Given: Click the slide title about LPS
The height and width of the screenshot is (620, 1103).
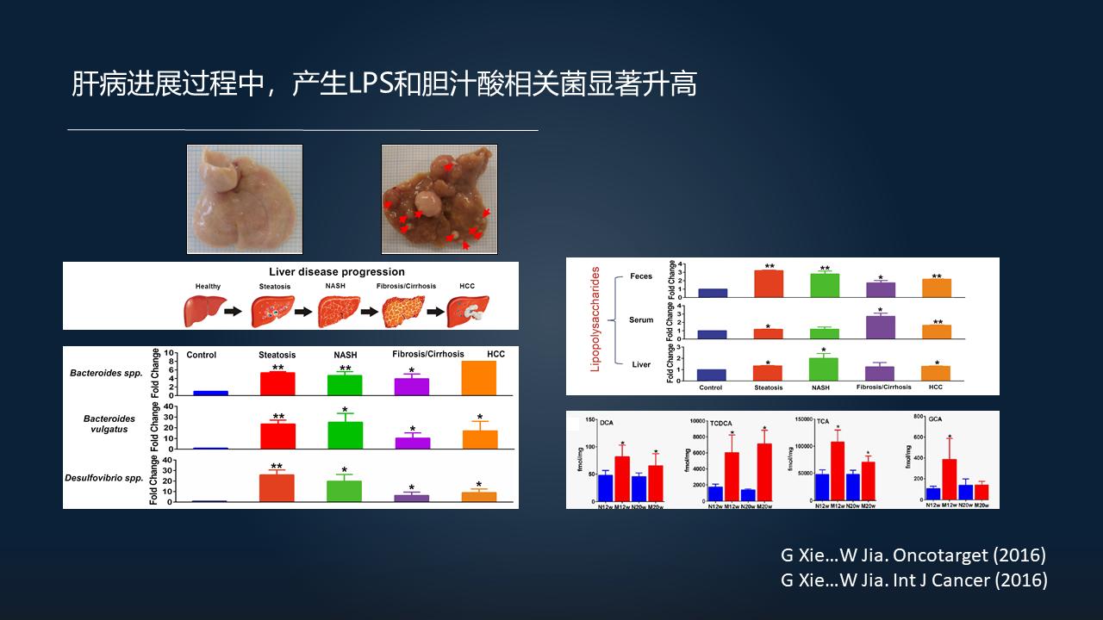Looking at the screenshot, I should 383,84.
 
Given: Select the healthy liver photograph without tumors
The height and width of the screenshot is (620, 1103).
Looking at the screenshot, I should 245,199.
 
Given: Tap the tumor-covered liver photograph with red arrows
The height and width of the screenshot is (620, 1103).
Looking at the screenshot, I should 439,199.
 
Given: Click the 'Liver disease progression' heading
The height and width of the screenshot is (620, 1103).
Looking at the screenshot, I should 337,272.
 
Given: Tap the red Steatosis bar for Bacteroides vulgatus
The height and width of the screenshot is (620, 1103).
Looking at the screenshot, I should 277,436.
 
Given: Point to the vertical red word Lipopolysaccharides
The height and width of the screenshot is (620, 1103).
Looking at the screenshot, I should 595,319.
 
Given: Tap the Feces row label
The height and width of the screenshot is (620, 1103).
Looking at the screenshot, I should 641,276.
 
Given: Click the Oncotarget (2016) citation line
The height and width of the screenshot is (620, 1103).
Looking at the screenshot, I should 913,555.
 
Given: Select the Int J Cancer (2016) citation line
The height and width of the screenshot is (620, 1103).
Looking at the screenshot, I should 913,580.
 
